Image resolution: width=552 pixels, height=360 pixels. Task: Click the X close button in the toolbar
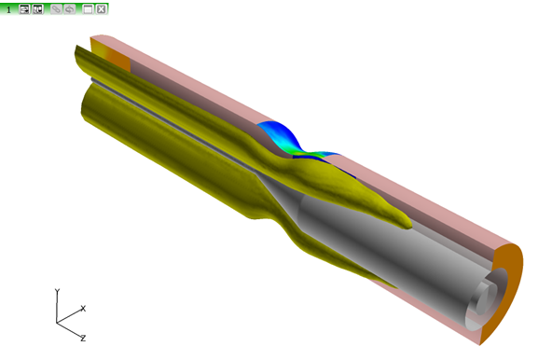(x=101, y=8)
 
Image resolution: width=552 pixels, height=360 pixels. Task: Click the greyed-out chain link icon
(x=56, y=8)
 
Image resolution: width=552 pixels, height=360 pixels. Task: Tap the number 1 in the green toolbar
(x=8, y=9)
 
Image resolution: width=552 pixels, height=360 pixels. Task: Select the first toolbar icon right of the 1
(x=24, y=8)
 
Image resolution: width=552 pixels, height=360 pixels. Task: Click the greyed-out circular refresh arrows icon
(x=69, y=8)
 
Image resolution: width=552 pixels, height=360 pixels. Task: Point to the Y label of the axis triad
(x=57, y=292)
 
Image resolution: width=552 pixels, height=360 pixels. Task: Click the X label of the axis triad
(x=83, y=308)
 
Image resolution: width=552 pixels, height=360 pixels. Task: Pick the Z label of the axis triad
(x=83, y=339)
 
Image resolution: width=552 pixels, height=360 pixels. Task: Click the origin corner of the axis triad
(x=57, y=323)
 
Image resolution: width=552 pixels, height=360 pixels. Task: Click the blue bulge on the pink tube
(x=278, y=133)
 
